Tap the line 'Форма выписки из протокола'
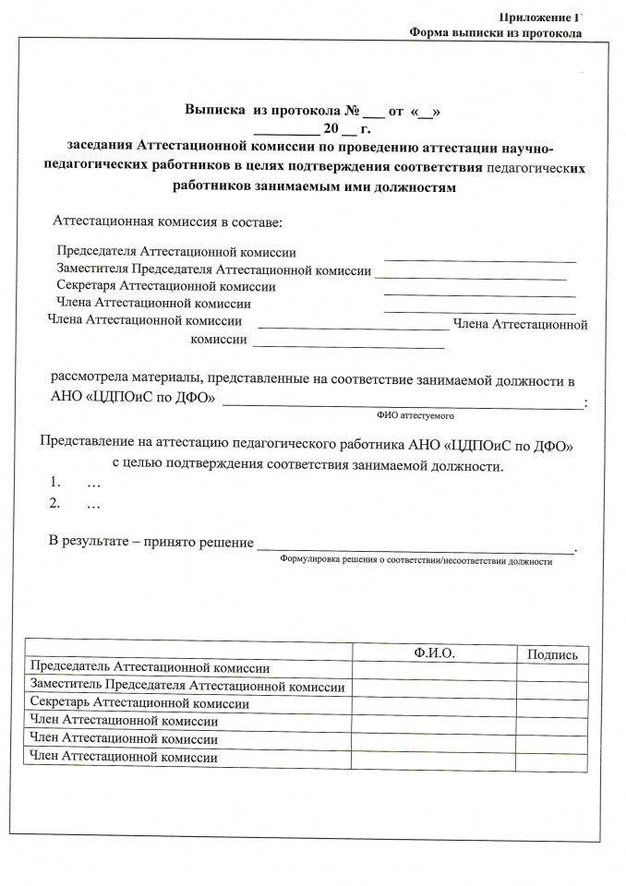coord(496,33)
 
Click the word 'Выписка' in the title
coord(215,110)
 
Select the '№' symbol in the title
coord(351,110)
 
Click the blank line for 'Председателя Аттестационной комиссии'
coord(479,261)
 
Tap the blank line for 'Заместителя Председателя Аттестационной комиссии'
coord(470,276)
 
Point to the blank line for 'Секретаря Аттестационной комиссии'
coord(479,293)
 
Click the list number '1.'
coord(55,483)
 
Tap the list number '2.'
coord(55,503)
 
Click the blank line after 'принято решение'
coord(415,549)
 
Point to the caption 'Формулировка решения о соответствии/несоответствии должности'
coord(415,561)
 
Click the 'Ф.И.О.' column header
coord(435,653)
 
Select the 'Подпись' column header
coord(551,654)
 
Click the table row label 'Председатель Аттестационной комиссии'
coord(150,668)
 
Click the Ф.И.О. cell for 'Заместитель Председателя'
coord(434,687)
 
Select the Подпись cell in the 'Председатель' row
coord(551,669)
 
